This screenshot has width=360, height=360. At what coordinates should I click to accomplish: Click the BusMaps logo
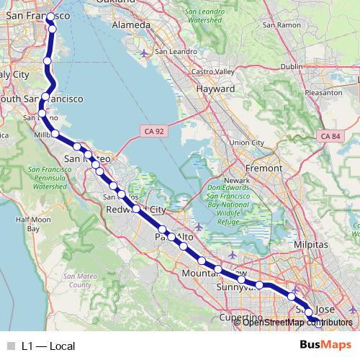pos(325,344)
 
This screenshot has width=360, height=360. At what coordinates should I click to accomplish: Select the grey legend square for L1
pos(11,346)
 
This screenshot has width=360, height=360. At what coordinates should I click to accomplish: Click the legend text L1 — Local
pos(48,346)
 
